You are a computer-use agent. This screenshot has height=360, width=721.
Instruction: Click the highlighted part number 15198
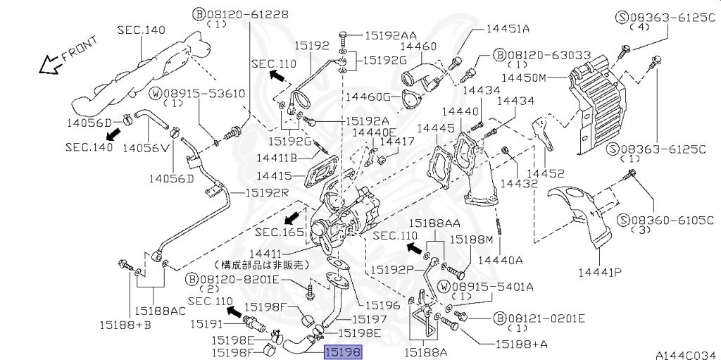tap(343, 352)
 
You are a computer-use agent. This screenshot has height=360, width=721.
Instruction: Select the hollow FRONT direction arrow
tap(51, 65)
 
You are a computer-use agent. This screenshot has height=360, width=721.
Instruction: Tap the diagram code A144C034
tap(688, 355)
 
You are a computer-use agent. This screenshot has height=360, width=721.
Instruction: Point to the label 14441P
tap(599, 273)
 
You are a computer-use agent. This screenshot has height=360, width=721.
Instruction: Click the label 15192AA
tap(391, 35)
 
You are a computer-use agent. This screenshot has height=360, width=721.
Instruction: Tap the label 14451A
tap(508, 29)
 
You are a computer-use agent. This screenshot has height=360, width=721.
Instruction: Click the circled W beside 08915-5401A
tap(444, 287)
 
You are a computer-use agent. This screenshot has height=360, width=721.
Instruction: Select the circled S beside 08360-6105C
tap(623, 220)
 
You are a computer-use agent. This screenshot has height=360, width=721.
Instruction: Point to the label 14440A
tap(501, 260)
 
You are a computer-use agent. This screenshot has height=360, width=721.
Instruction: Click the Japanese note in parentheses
tap(262, 265)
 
